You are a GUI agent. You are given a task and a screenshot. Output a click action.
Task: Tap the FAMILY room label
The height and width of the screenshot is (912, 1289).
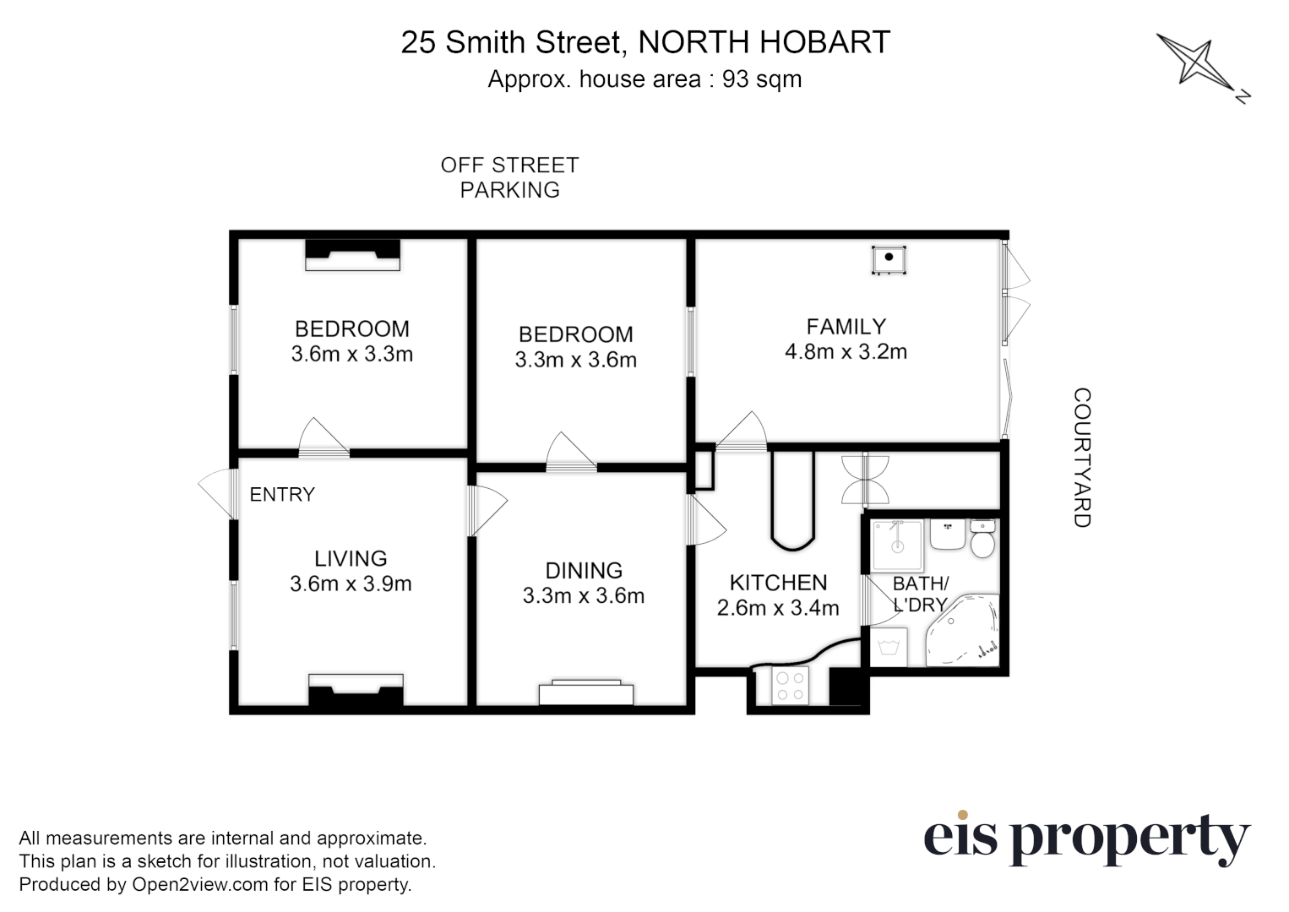point(846,327)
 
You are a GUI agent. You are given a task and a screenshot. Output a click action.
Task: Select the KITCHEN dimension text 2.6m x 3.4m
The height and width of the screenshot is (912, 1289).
point(778,608)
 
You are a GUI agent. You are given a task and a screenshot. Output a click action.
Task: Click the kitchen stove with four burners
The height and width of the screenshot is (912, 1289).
point(791,686)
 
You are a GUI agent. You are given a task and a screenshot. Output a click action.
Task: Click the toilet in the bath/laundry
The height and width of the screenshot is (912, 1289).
point(982,540)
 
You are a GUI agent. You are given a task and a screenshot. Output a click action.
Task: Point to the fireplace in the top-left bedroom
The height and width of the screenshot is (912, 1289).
point(352,254)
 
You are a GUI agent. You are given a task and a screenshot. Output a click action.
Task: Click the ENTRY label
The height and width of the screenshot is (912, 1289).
point(282,495)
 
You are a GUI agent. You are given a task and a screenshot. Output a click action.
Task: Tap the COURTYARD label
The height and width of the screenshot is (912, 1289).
point(1082,458)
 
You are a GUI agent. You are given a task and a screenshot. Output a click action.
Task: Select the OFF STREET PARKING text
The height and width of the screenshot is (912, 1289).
point(509,177)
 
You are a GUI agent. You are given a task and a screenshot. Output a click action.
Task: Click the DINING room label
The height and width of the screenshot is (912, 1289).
point(584,571)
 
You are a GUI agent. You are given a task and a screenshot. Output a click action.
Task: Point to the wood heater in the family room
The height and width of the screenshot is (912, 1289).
point(889,259)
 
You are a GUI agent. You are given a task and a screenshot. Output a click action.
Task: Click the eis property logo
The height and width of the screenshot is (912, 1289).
point(1085,839)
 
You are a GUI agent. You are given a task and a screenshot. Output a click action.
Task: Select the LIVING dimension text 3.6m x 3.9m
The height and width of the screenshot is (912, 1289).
point(351,584)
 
